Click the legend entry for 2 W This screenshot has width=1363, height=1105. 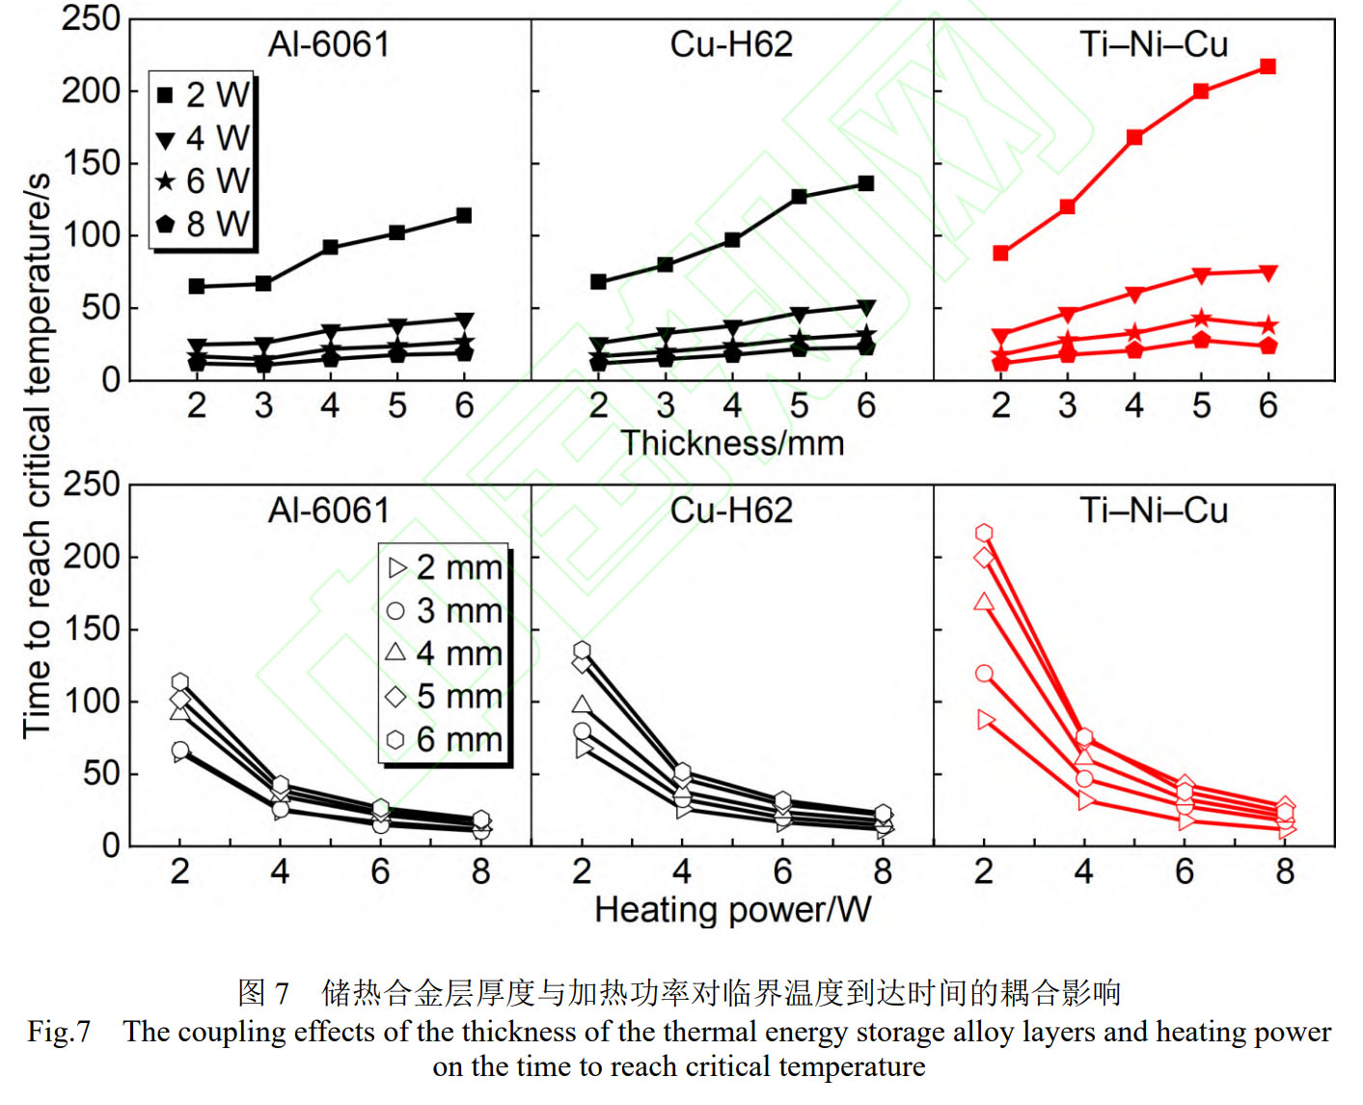click(x=203, y=95)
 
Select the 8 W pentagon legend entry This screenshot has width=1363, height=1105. click(x=203, y=224)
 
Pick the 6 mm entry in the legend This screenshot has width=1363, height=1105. click(x=445, y=740)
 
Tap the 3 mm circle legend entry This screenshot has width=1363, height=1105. click(x=445, y=611)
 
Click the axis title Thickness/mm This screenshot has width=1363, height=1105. click(x=732, y=443)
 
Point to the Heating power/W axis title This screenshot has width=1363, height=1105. click(x=732, y=909)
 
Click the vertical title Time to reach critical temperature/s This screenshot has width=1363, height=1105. click(x=37, y=456)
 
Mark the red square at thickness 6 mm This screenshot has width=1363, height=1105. click(x=1268, y=67)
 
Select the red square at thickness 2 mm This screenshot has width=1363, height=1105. click(x=1000, y=253)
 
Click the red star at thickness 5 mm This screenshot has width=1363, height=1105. click(x=1201, y=319)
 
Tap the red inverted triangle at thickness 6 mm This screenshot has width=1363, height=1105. click(x=1268, y=273)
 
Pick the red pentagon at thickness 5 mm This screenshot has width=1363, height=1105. click(x=1201, y=340)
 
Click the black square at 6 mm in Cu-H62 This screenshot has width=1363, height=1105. click(x=865, y=183)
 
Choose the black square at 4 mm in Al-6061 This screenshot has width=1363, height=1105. click(x=330, y=247)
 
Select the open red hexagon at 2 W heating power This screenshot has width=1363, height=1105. click(x=984, y=533)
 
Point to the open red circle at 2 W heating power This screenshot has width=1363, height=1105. click(x=984, y=674)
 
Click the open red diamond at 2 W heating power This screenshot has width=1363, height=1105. click(x=984, y=557)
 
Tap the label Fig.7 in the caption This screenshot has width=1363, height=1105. click(x=59, y=1032)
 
